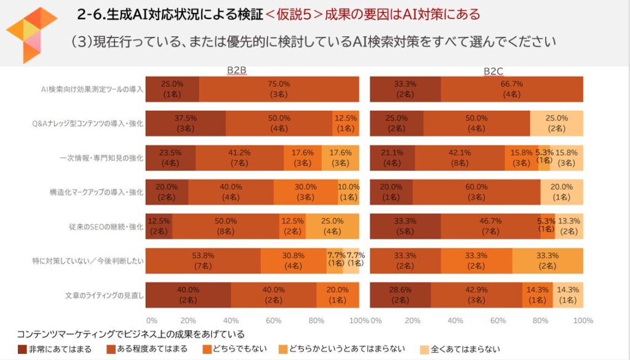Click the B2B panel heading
point(237,71)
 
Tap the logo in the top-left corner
point(31,34)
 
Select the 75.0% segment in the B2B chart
point(279,89)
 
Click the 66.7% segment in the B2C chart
point(511,89)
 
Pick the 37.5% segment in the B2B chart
point(186,124)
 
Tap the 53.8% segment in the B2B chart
point(203,261)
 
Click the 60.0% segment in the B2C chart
point(476,192)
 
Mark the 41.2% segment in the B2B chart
point(239,158)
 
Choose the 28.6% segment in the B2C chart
point(400,295)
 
